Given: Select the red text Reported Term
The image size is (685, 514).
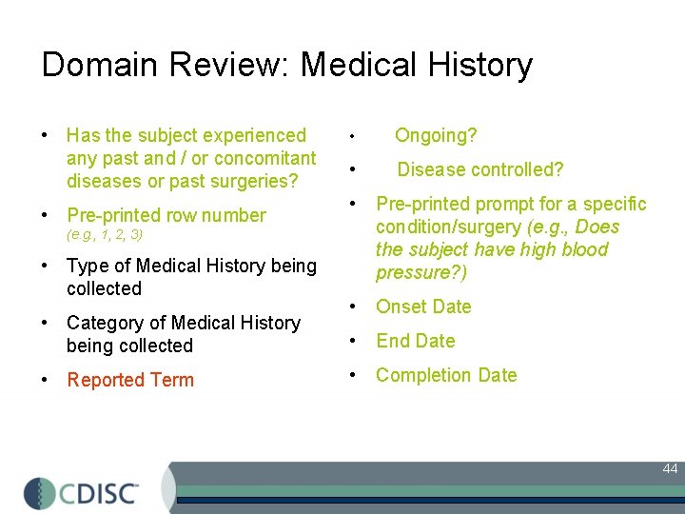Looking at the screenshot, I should click(130, 380).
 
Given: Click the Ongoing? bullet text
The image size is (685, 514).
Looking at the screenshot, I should click(436, 135).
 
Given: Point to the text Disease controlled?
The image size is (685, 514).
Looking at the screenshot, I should click(480, 169).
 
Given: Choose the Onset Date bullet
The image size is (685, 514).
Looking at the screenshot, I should click(423, 306).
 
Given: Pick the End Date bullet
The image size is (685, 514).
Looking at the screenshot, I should click(416, 341).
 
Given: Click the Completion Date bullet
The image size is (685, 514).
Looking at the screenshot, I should click(446, 375).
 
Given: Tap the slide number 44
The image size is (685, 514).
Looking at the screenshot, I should click(670, 468).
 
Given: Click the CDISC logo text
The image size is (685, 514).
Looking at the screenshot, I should click(101, 493).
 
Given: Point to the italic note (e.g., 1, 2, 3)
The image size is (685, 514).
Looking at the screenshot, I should click(105, 234).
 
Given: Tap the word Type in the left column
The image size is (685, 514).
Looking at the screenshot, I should click(88, 266).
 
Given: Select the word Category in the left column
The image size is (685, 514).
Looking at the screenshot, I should click(105, 323).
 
